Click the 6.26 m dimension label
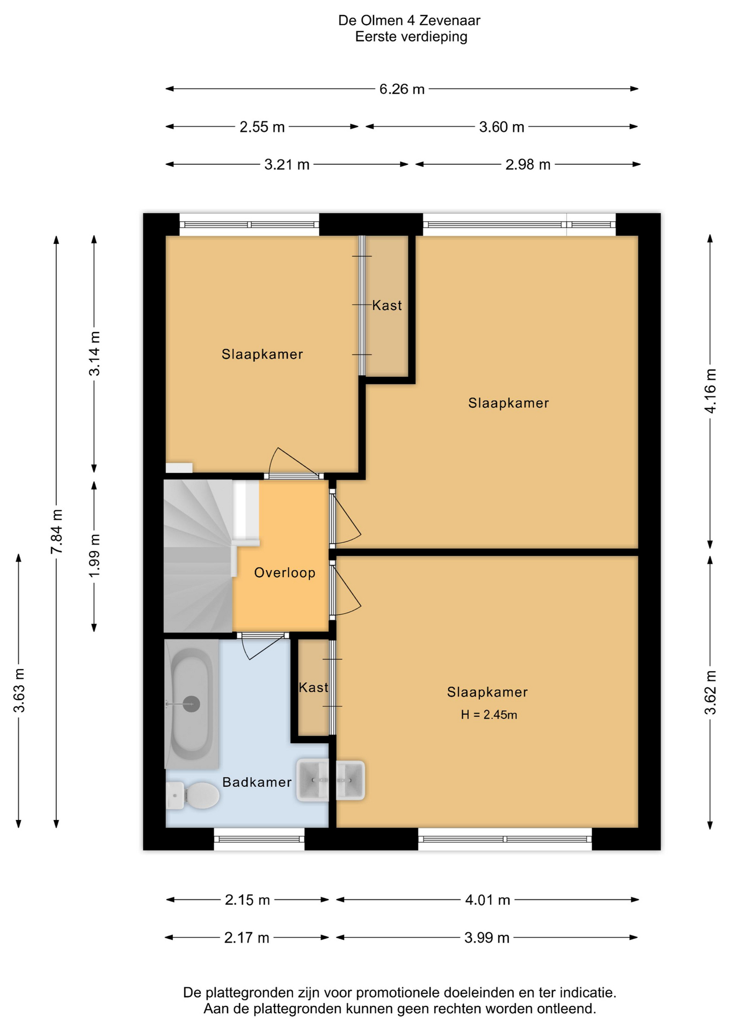(402, 89)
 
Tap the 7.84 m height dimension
(57, 532)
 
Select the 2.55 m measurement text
(262, 127)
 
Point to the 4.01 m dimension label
(487, 900)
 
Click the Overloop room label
(285, 572)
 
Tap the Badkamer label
(257, 782)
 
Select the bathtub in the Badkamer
(192, 704)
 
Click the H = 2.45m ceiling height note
(489, 714)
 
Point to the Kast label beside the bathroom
(314, 687)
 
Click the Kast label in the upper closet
(387, 305)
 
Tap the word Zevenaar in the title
(449, 20)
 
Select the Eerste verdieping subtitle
(411, 37)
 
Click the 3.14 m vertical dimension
(94, 354)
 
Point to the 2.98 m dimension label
(528, 165)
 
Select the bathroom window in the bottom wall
(259, 839)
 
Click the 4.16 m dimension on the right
(710, 391)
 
